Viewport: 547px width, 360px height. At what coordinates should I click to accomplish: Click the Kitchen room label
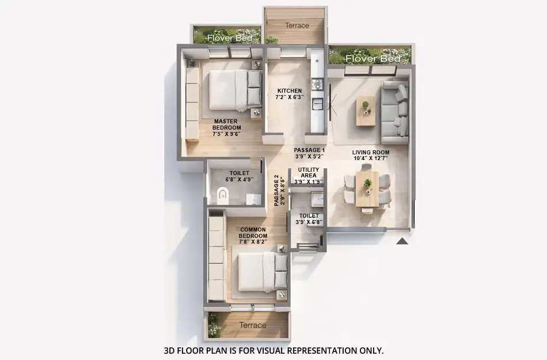click(x=289, y=94)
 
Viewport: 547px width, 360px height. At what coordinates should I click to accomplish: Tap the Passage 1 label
click(x=309, y=153)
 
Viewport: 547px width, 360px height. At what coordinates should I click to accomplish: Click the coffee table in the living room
click(x=366, y=111)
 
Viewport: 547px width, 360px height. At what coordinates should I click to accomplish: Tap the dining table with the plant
click(x=367, y=188)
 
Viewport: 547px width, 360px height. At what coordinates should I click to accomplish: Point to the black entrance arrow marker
click(x=402, y=241)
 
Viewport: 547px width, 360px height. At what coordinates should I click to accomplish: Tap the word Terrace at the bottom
click(x=253, y=325)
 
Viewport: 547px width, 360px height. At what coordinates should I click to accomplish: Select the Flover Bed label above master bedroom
click(x=226, y=39)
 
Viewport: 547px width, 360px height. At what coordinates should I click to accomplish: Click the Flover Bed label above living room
click(x=373, y=59)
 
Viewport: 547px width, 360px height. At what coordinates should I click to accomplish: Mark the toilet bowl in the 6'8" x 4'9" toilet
click(x=223, y=198)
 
